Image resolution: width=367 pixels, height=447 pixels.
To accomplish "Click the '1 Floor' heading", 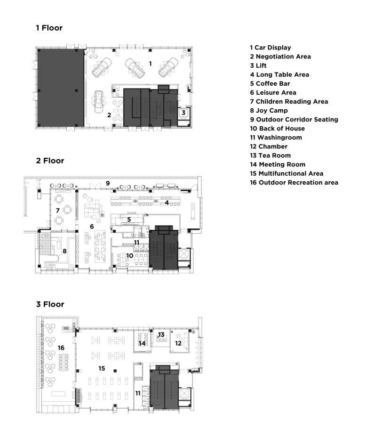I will (x=49, y=28).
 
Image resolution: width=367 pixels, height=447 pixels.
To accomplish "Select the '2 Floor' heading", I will (x=50, y=161).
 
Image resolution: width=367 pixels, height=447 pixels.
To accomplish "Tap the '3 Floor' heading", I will (x=50, y=304).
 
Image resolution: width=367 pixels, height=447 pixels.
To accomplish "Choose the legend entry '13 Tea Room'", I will (x=270, y=155).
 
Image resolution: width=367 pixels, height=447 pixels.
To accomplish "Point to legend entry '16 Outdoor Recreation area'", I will (x=294, y=182).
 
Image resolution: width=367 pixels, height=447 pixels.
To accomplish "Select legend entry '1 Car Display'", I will (x=270, y=48).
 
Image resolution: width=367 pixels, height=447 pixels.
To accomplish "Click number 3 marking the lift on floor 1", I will (x=183, y=113).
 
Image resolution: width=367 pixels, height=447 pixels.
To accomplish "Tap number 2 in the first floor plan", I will (x=109, y=114).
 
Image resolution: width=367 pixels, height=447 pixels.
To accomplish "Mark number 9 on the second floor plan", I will (x=108, y=183).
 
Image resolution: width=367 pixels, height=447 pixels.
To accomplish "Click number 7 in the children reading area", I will (x=58, y=210).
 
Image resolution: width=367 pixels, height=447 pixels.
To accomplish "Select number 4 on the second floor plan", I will (x=167, y=203).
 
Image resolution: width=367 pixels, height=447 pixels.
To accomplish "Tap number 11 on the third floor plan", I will (x=138, y=392).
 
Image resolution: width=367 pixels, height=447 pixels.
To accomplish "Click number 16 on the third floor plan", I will (x=61, y=348).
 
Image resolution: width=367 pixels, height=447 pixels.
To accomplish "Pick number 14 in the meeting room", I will (x=142, y=343).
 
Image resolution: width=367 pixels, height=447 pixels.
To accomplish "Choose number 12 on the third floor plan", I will (x=178, y=343).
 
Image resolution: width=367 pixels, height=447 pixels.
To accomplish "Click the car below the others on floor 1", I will (x=99, y=101).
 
